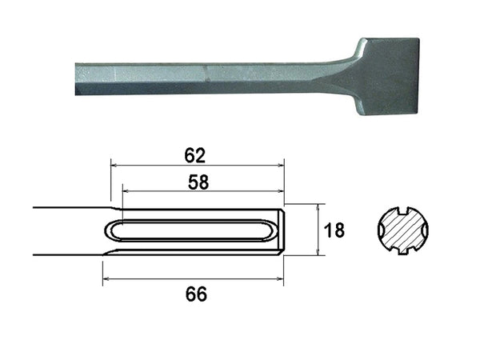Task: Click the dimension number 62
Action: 195,154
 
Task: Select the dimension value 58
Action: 198,182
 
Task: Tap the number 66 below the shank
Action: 195,294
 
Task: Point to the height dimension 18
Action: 335,230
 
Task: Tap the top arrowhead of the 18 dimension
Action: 318,210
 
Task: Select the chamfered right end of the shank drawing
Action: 279,230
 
